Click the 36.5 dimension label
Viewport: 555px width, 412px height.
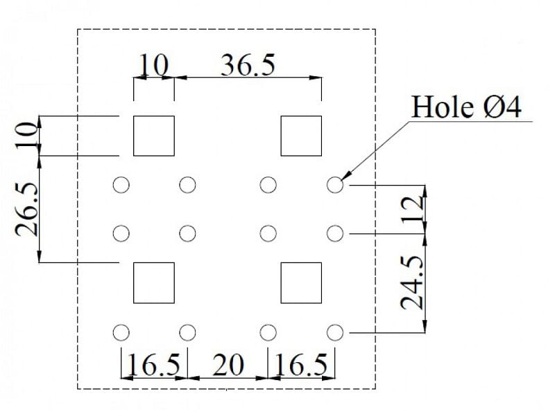click(248, 64)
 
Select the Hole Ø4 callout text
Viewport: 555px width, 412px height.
click(466, 107)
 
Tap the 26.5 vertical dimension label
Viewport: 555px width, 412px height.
click(27, 209)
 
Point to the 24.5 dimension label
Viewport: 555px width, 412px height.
click(412, 283)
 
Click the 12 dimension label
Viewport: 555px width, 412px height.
click(412, 209)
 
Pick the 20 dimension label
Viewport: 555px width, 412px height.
click(228, 365)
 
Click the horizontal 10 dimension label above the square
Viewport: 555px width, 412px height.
click(153, 65)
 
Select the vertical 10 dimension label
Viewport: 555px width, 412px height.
click(27, 135)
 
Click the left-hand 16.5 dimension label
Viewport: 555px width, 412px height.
click(153, 365)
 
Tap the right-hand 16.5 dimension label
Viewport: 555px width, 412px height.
click(301, 365)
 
